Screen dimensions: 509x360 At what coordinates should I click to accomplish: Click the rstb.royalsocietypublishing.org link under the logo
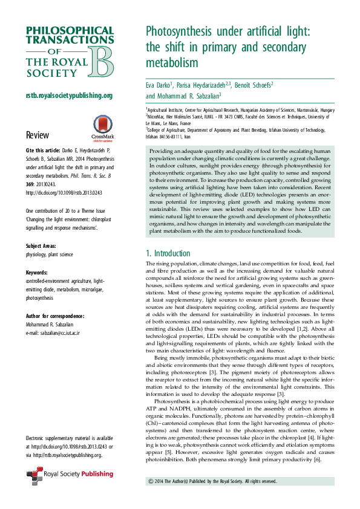[69, 96]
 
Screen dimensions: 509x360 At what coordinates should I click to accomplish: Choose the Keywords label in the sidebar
[38, 273]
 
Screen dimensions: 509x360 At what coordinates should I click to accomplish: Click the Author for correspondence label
[55, 316]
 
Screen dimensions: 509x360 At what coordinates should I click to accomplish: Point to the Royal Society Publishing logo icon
[34, 476]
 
